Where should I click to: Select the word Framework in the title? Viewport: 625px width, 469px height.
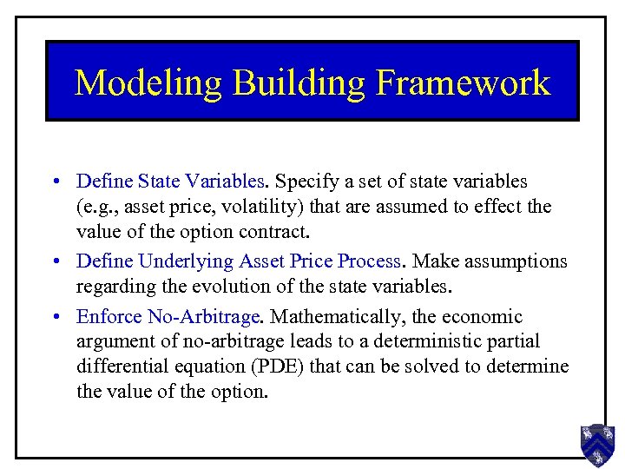coord(464,83)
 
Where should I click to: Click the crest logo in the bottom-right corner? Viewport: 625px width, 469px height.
coord(597,445)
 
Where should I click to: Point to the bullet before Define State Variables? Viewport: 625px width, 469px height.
coord(55,182)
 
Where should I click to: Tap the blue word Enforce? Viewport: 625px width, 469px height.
coord(105,317)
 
